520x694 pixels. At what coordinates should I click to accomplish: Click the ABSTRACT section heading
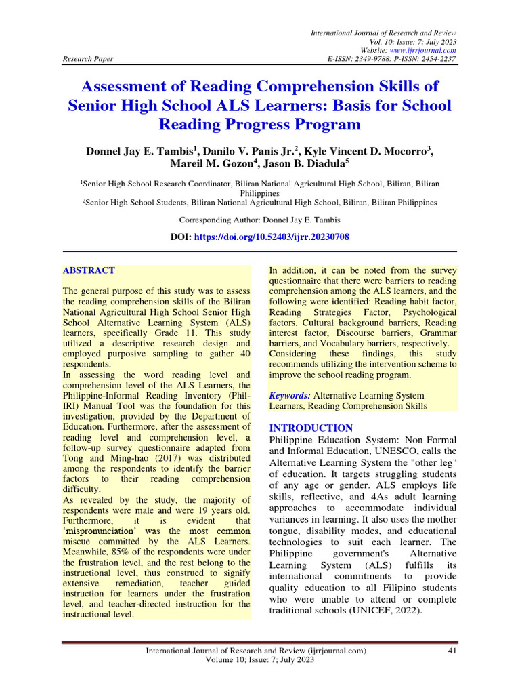pos(89,270)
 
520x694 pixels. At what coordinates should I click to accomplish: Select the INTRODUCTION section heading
pos(311,428)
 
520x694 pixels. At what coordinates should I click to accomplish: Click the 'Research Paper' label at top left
pos(86,59)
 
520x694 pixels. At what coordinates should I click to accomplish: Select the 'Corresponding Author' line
pos(259,220)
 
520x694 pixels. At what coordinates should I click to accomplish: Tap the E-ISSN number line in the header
pos(391,59)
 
